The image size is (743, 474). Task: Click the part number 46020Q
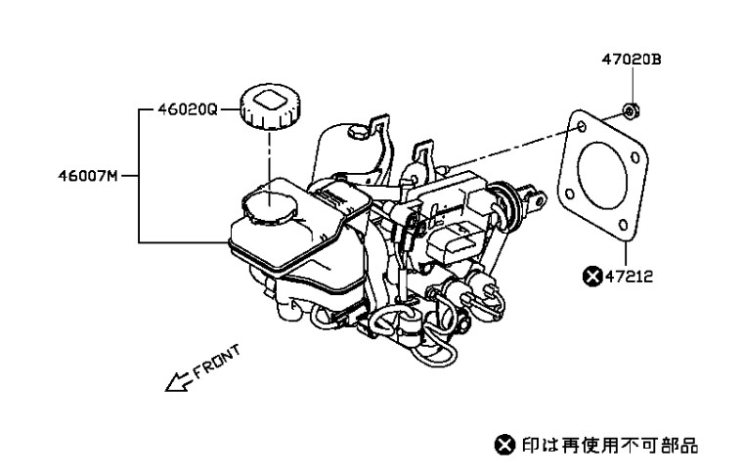pyautogui.click(x=188, y=109)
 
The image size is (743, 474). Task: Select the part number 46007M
pyautogui.click(x=88, y=176)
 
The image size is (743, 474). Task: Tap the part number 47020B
pyautogui.click(x=632, y=60)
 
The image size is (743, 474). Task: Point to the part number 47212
pyautogui.click(x=630, y=276)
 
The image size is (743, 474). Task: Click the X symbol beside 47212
pyautogui.click(x=592, y=276)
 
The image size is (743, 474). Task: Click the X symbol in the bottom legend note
pyautogui.click(x=504, y=445)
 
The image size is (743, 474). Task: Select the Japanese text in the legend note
pyautogui.click(x=610, y=445)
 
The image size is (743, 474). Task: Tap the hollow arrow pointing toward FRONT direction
pyautogui.click(x=179, y=382)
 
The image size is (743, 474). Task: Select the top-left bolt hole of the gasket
pyautogui.click(x=583, y=127)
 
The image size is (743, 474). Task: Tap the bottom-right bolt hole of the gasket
pyautogui.click(x=624, y=225)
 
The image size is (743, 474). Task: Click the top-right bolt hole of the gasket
pyautogui.click(x=636, y=157)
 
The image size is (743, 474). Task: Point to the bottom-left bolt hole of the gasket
pyautogui.click(x=570, y=194)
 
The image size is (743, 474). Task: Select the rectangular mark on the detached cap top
pyautogui.click(x=271, y=101)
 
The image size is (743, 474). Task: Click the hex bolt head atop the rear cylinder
pyautogui.click(x=356, y=132)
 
